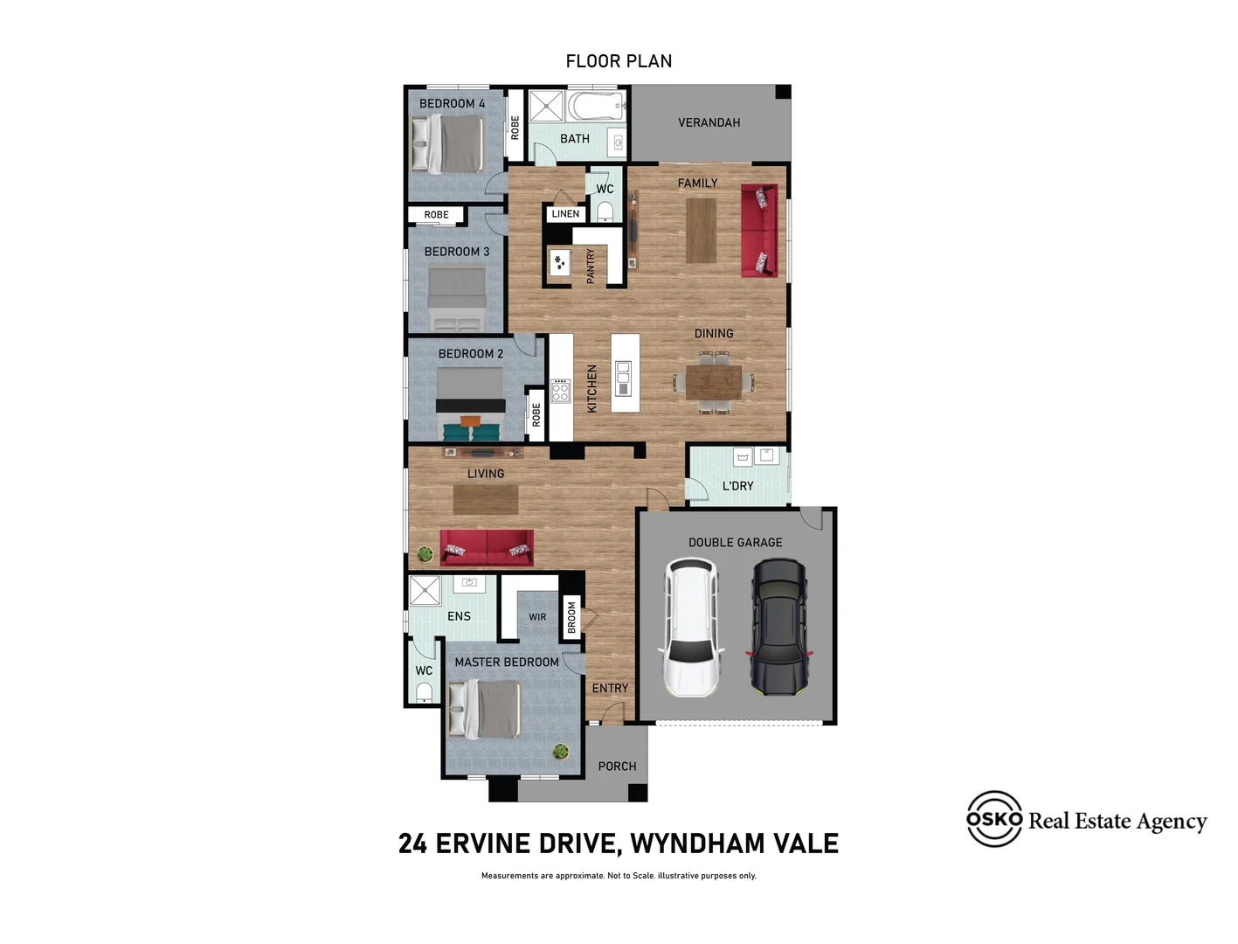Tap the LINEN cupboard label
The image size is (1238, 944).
pos(565,214)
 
